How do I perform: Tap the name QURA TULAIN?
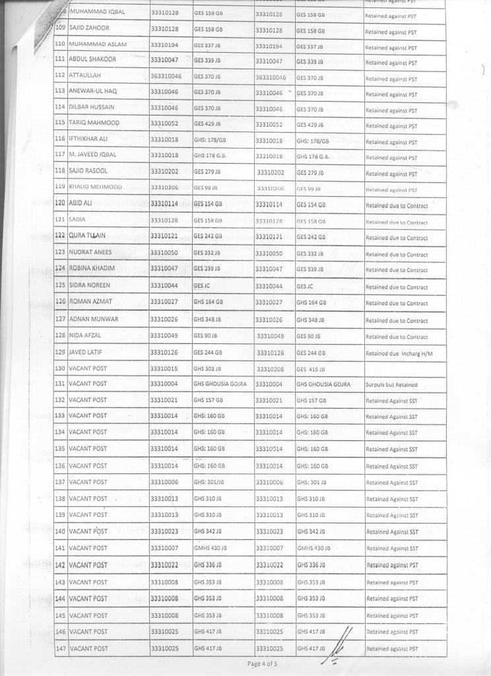pos(87,236)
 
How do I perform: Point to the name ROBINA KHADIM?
pos(92,268)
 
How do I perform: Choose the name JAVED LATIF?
pos(85,352)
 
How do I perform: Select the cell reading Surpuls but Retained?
pos(391,385)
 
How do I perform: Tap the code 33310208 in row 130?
pos(271,368)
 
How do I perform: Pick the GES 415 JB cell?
pos(311,368)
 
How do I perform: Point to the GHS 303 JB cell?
pos(207,368)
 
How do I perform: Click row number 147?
pos(60,648)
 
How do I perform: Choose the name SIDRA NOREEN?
pos(89,285)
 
